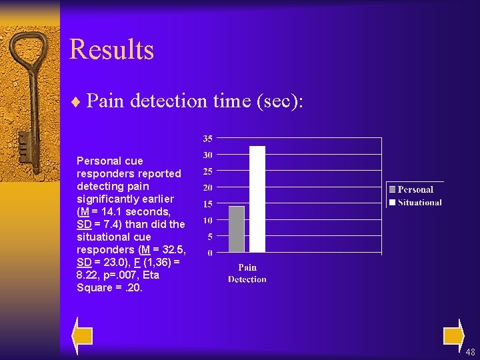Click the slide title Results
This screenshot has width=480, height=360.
(111, 50)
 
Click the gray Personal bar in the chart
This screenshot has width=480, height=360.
(237, 229)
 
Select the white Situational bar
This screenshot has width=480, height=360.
(257, 199)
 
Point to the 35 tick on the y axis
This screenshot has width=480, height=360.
(208, 139)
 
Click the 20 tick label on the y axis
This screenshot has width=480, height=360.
(208, 188)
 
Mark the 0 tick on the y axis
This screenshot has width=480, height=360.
(210, 253)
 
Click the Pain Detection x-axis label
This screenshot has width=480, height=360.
(247, 273)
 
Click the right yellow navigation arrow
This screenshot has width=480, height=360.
(453, 335)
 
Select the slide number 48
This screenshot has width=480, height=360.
(470, 352)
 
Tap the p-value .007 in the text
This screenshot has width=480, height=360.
(125, 275)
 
